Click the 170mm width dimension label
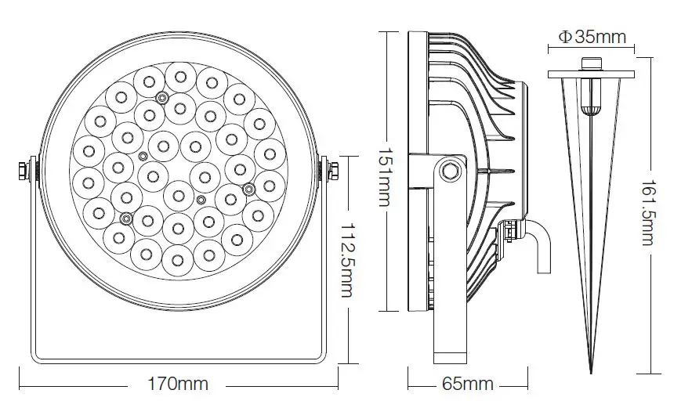coord(178,384)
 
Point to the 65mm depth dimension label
coord(469,384)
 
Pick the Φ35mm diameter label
coord(591,36)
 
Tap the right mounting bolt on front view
coord(333,172)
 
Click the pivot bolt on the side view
coord(449,170)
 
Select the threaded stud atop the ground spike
coord(590,64)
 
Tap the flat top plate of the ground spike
coord(590,75)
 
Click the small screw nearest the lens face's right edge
coord(248,188)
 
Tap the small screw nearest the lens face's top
coord(162,98)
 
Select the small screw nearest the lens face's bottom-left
coord(126,218)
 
